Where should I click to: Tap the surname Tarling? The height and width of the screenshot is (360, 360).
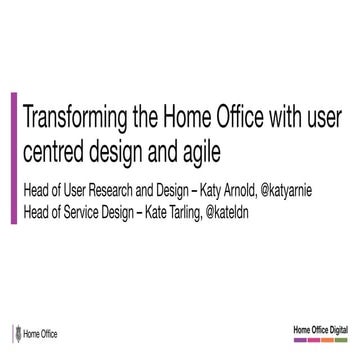[211, 208]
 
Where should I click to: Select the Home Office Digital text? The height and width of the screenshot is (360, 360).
[319, 328]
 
